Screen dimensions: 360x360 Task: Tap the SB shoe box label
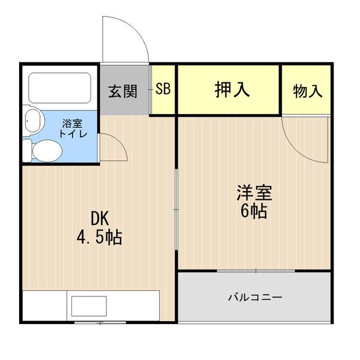click(163, 89)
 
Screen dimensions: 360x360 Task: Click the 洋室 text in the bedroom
click(254, 193)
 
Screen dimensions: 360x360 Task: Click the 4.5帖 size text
click(99, 237)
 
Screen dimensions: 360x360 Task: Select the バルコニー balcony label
click(255, 296)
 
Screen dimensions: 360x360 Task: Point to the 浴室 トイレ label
click(73, 128)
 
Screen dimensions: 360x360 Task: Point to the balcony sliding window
click(255, 271)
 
